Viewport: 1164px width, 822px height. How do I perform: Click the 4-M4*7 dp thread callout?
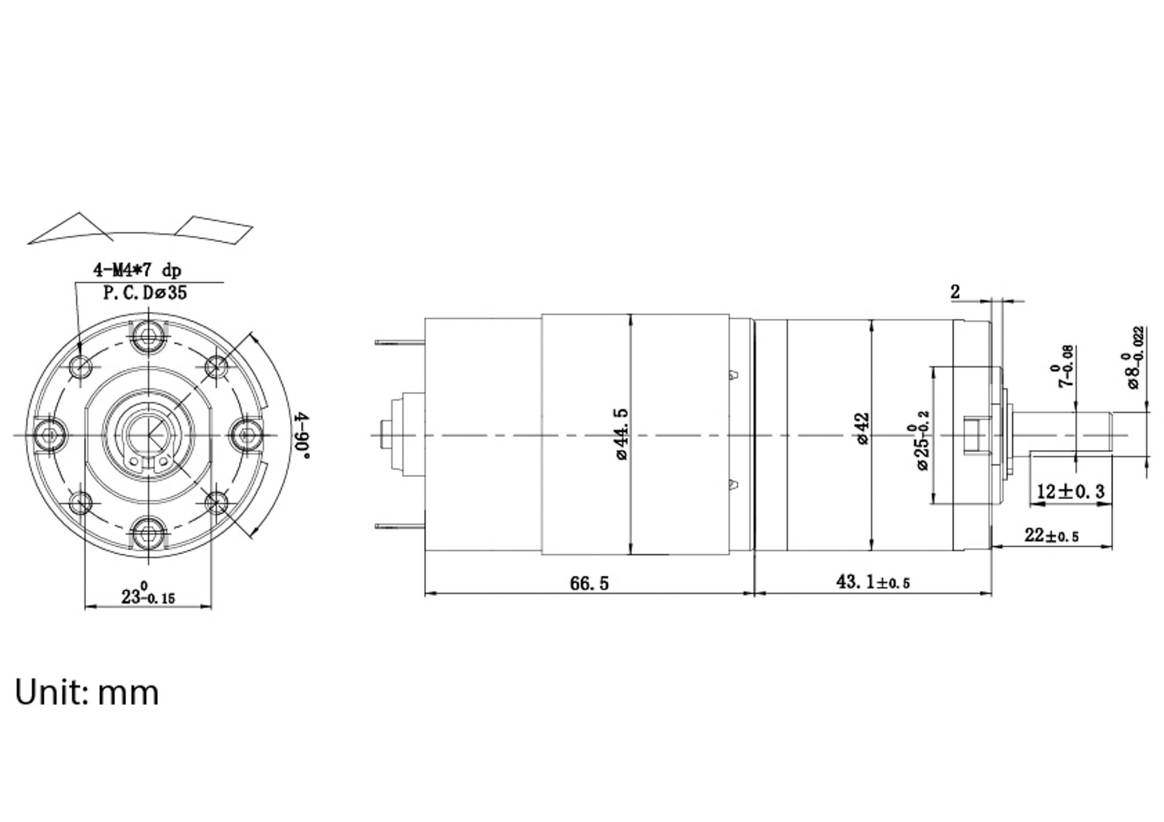137,270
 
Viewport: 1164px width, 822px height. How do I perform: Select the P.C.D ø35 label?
145,292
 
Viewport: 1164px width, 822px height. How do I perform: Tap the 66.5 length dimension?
589,583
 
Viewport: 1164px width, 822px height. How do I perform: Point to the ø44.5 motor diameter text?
622,434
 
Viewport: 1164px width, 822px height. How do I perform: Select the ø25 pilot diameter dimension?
922,441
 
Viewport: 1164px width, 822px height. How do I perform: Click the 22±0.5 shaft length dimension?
1051,535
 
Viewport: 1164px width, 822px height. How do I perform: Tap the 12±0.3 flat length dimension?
1070,491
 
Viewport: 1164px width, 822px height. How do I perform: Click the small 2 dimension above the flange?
955,292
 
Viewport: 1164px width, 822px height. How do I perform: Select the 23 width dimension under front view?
147,595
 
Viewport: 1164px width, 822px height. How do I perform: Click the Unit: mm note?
87,693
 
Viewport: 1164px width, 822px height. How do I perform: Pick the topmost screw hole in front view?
148,335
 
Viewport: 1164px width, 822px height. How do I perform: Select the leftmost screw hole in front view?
50,435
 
